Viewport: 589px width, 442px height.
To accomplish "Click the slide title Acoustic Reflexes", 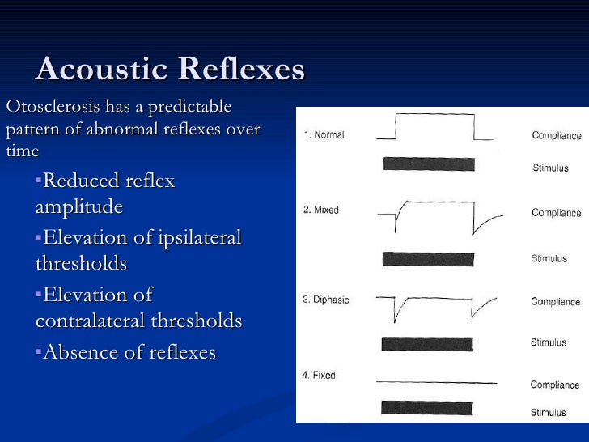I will point(170,70).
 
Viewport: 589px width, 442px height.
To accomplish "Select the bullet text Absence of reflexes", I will point(129,352).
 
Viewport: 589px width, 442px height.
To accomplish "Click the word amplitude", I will point(79,207).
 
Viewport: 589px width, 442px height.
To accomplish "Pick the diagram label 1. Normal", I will point(324,135).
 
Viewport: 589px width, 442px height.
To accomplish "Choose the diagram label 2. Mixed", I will point(321,210).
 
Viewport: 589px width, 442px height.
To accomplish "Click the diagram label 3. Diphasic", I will point(326,300).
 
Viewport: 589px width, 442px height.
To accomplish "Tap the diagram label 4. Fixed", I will point(320,376).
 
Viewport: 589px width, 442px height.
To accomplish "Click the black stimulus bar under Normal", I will point(428,164).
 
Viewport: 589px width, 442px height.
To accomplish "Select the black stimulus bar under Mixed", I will point(428,259).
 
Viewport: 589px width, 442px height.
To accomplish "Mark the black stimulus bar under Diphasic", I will point(428,343).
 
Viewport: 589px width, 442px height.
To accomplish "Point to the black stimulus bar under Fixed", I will point(428,406).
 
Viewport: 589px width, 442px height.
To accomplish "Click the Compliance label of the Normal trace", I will point(556,136).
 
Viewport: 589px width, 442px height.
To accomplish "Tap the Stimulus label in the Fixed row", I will point(549,413).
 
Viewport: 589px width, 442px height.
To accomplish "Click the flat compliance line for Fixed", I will point(437,381).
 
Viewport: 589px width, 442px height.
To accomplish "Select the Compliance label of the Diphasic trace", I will point(555,302).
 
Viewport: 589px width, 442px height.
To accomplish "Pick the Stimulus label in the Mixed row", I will point(549,259).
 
